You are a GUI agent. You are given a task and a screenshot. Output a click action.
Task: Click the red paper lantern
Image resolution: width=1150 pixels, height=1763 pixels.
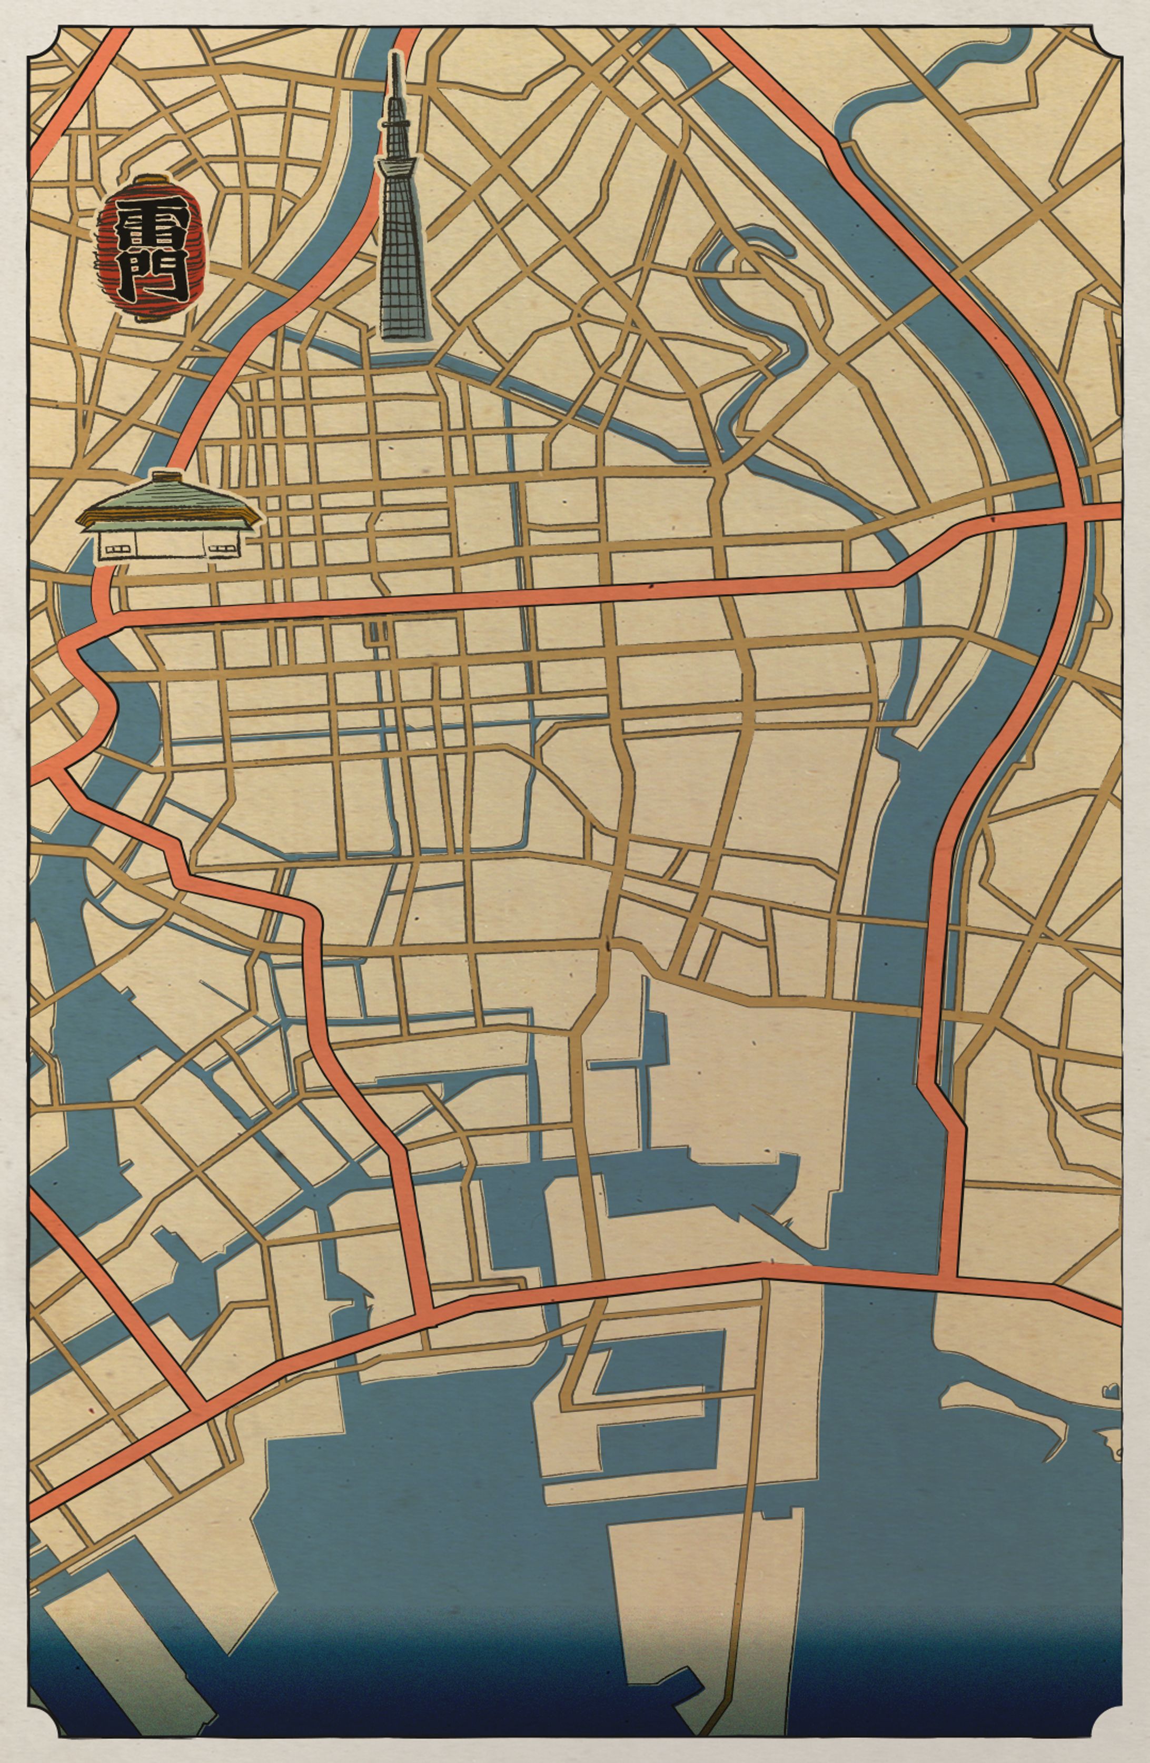point(151,249)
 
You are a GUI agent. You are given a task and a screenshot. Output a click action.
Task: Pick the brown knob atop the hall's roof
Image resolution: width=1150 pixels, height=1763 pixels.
point(167,474)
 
